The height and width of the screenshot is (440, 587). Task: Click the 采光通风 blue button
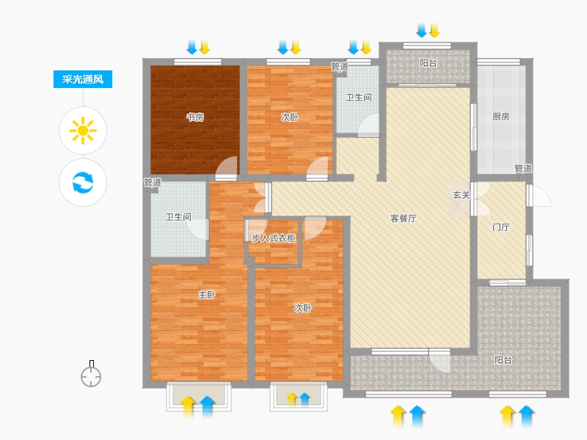pyautogui.click(x=83, y=79)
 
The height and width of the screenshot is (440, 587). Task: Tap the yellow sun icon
pyautogui.click(x=83, y=131)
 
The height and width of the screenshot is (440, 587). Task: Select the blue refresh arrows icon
pyautogui.click(x=83, y=182)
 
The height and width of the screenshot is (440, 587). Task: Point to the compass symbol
pyautogui.click(x=91, y=374)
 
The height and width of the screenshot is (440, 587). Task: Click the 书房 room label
pyautogui.click(x=195, y=117)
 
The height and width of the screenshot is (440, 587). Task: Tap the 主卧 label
pyautogui.click(x=207, y=295)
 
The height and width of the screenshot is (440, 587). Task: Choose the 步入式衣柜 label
pyautogui.click(x=273, y=238)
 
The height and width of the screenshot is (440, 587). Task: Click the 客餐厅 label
pyautogui.click(x=403, y=219)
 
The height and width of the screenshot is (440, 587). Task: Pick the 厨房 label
pyautogui.click(x=501, y=117)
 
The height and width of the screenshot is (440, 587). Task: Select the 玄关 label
pyautogui.click(x=462, y=195)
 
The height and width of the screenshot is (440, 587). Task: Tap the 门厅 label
pyautogui.click(x=501, y=227)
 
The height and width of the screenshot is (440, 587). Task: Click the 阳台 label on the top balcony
pyautogui.click(x=429, y=63)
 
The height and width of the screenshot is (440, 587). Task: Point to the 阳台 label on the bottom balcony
pyautogui.click(x=503, y=360)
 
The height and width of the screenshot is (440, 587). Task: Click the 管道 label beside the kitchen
pyautogui.click(x=523, y=169)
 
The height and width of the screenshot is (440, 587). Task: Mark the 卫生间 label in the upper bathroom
pyautogui.click(x=359, y=98)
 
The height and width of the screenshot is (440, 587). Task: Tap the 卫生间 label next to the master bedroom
pyautogui.click(x=178, y=217)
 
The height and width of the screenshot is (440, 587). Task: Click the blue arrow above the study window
pyautogui.click(x=192, y=47)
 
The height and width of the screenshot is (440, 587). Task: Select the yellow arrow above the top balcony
pyautogui.click(x=434, y=30)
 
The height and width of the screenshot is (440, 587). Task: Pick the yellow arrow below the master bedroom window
pyautogui.click(x=188, y=406)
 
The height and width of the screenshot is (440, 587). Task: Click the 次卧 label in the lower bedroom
pyautogui.click(x=302, y=308)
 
